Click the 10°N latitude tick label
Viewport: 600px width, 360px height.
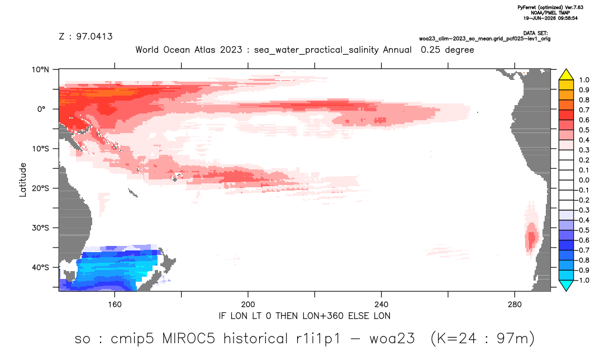click(40, 69)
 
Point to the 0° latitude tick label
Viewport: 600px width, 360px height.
click(41, 109)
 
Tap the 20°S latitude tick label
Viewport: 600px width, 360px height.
click(40, 188)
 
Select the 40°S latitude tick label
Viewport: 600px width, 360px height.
click(40, 267)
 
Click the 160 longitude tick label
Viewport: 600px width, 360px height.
click(115, 305)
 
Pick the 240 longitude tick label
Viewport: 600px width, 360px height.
click(382, 305)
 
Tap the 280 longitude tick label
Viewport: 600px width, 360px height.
click(515, 305)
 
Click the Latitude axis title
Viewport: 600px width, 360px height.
click(23, 180)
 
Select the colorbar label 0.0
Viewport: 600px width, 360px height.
click(584, 180)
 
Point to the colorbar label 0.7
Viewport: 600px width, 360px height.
click(584, 110)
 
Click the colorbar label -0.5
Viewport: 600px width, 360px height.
click(582, 230)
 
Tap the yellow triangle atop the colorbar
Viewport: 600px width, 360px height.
click(566, 74)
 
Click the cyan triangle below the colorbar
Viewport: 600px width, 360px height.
click(566, 285)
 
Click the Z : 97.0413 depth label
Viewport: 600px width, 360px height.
click(85, 37)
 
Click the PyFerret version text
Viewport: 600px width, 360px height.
click(550, 7)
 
